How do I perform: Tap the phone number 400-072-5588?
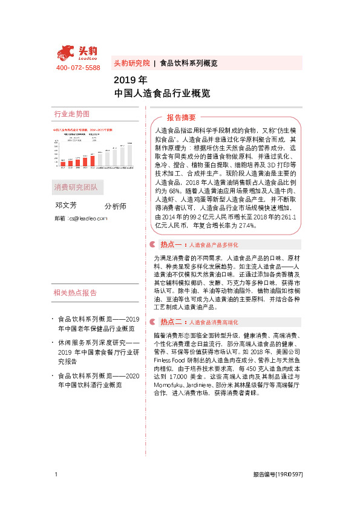(78, 68)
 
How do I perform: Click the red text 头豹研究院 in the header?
(131, 63)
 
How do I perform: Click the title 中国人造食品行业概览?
(162, 93)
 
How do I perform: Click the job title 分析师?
(116, 206)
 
